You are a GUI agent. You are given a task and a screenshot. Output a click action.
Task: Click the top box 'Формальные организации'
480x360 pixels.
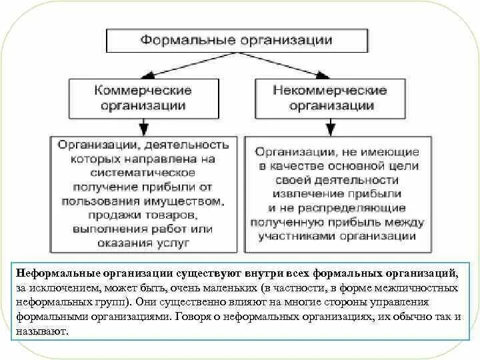236,40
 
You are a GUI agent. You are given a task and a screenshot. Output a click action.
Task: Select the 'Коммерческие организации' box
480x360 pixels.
143,98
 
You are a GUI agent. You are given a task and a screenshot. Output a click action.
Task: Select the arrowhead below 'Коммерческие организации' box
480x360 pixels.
143,127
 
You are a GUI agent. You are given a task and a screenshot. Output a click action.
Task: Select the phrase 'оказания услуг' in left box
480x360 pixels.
143,243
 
